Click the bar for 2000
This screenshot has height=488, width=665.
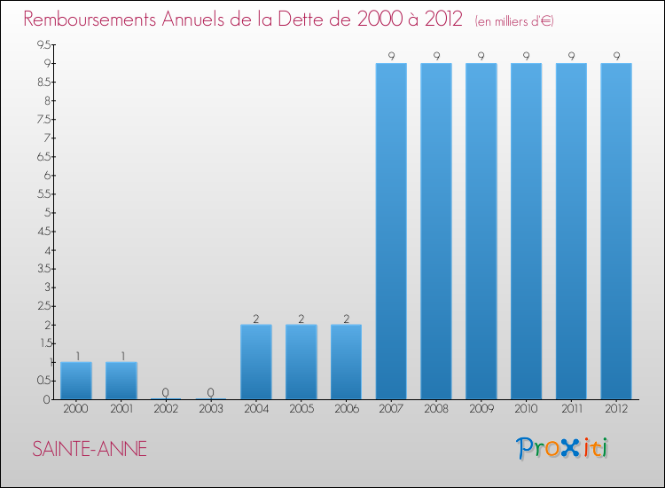(76, 381)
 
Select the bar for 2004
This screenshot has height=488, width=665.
(256, 362)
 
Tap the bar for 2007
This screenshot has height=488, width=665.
(391, 231)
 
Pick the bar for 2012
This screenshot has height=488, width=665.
(616, 231)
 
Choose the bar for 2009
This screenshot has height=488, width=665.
(481, 231)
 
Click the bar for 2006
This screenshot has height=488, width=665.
(347, 362)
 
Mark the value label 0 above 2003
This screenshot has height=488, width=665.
(211, 393)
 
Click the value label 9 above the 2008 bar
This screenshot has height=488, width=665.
(436, 57)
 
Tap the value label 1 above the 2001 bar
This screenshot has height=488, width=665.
(121, 356)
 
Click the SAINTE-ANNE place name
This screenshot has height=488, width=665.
(90, 449)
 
